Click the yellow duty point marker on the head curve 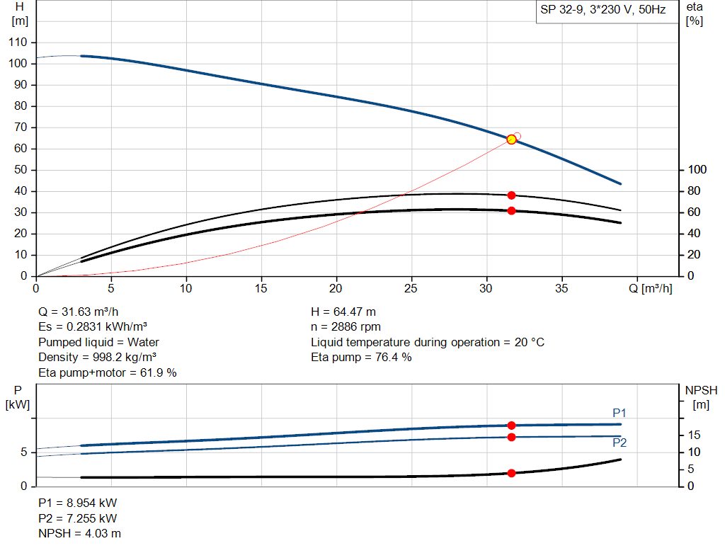[x=512, y=139]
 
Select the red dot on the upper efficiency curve [x=511, y=195]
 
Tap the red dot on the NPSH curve [x=511, y=473]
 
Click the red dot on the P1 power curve [x=511, y=426]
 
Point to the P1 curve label [x=620, y=413]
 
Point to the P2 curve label [x=620, y=443]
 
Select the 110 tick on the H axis [x=18, y=42]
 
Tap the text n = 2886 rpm [x=346, y=327]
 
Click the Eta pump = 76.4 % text [x=361, y=358]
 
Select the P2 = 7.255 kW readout [x=77, y=518]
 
